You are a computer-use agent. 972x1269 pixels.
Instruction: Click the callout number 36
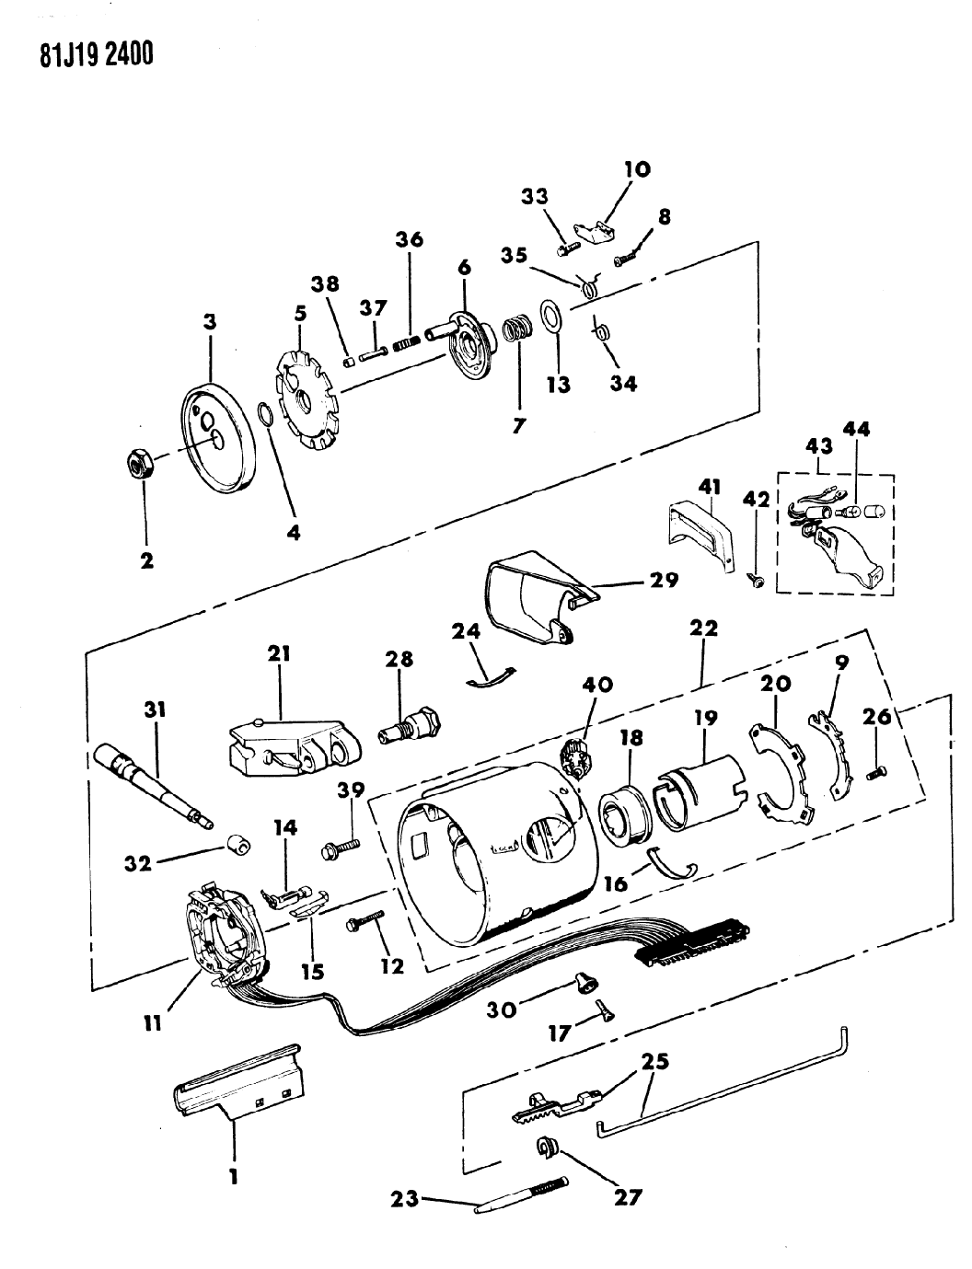(x=410, y=240)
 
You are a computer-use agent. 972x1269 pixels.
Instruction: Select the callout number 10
(x=637, y=169)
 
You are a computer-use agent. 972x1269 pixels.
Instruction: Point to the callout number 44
(x=856, y=429)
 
